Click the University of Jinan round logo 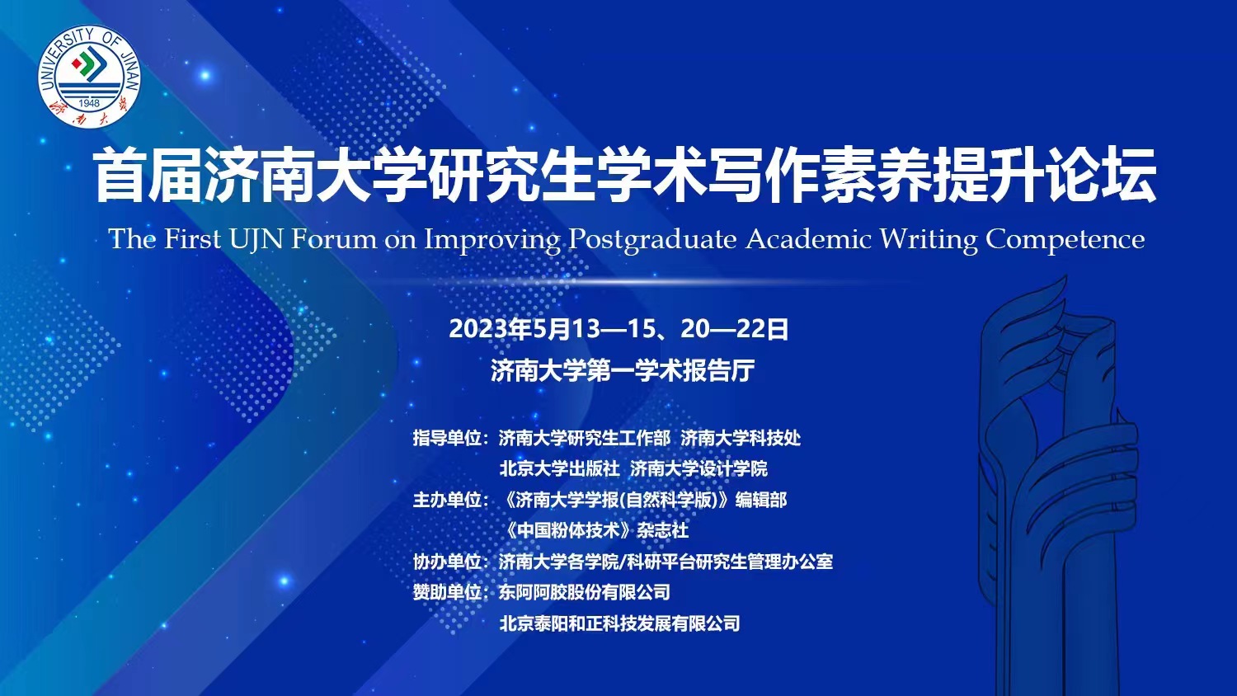pyautogui.click(x=89, y=76)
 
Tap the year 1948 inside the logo pyautogui.click(x=89, y=103)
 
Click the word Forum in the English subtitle pyautogui.click(x=333, y=239)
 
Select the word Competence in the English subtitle pyautogui.click(x=1065, y=240)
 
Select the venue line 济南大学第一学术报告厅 pyautogui.click(x=623, y=370)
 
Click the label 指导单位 pyautogui.click(x=447, y=439)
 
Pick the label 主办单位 pyautogui.click(x=447, y=501)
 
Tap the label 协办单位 pyautogui.click(x=447, y=562)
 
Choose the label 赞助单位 pyautogui.click(x=447, y=593)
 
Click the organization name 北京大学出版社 pyautogui.click(x=559, y=469)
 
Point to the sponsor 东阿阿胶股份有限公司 pyautogui.click(x=584, y=593)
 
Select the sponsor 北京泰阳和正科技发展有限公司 pyautogui.click(x=619, y=623)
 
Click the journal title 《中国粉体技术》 pyautogui.click(x=567, y=531)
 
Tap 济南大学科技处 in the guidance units pyautogui.click(x=741, y=439)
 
